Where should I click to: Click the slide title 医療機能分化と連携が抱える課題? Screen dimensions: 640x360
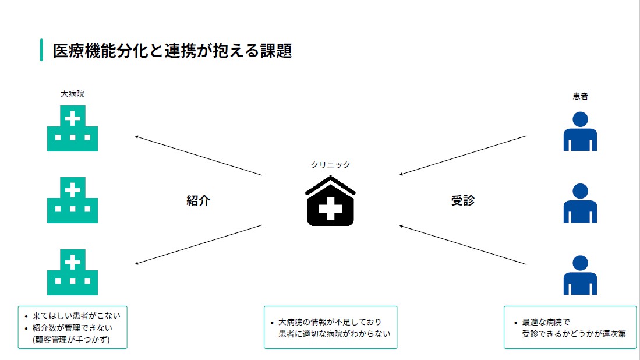pos(172,51)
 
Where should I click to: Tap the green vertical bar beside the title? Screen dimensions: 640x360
pos(41,50)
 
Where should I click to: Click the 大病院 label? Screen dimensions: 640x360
pos(72,94)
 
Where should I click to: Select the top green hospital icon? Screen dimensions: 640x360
pos(72,129)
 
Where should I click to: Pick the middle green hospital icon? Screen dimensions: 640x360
pos(72,200)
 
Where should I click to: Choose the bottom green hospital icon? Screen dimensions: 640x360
pos(72,272)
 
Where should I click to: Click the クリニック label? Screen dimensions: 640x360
pos(331,164)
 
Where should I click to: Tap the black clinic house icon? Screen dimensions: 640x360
pos(330,201)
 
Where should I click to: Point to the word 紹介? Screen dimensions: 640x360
pos(199,200)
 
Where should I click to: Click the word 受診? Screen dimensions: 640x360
pos(463,200)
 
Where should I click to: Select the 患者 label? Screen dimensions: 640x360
pos(580,96)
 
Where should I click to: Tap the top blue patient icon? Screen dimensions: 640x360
pos(580,132)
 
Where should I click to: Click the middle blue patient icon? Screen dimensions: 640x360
pos(580,203)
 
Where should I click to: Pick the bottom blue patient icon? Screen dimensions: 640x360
pos(580,275)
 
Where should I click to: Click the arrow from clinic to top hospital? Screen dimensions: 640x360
pos(199,156)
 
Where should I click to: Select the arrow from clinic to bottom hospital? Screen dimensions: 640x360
pos(199,245)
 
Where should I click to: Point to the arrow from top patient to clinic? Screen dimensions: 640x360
pos(463,156)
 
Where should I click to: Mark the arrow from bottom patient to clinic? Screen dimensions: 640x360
pos(463,245)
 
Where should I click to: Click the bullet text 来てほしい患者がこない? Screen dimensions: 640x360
pos(76,316)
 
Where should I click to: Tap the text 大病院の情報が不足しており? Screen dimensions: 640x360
pos(330,322)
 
